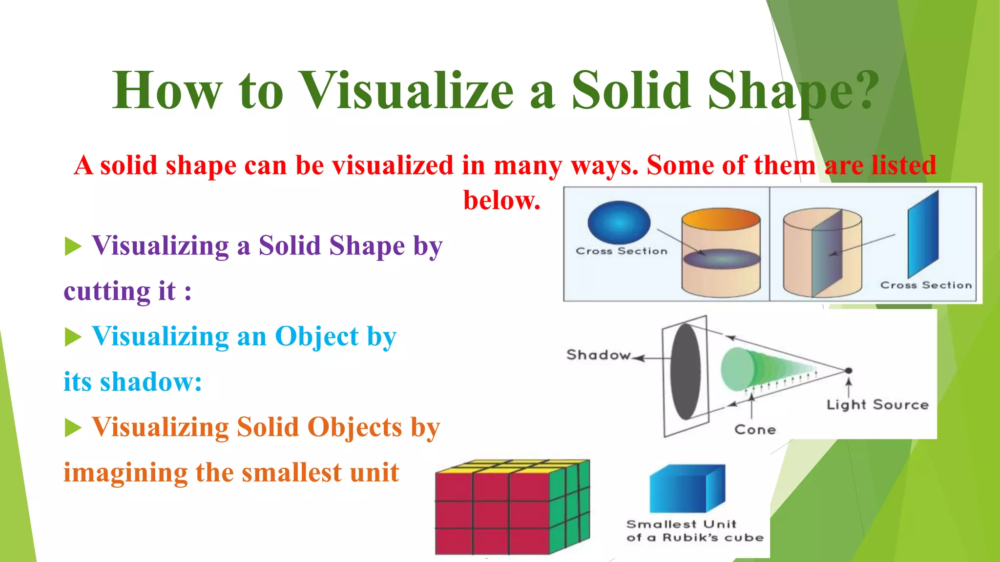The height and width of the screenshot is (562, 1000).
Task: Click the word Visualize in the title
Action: pyautogui.click(x=407, y=91)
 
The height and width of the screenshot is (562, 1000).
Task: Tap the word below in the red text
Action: pyautogui.click(x=501, y=201)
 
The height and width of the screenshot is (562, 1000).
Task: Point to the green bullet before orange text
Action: pyautogui.click(x=73, y=428)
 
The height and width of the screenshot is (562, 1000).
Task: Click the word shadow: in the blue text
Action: pyautogui.click(x=151, y=381)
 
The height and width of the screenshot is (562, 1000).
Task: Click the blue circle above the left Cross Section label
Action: pyautogui.click(x=619, y=222)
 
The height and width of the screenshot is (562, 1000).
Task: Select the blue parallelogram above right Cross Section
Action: pyautogui.click(x=923, y=234)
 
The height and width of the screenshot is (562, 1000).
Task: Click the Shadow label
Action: pyautogui.click(x=598, y=355)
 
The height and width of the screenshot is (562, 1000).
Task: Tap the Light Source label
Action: pyautogui.click(x=877, y=405)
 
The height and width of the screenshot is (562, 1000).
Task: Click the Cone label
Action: pyautogui.click(x=755, y=430)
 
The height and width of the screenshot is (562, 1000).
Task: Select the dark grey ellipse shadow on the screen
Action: pyautogui.click(x=686, y=372)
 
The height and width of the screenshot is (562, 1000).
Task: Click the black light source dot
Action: pyautogui.click(x=849, y=371)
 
